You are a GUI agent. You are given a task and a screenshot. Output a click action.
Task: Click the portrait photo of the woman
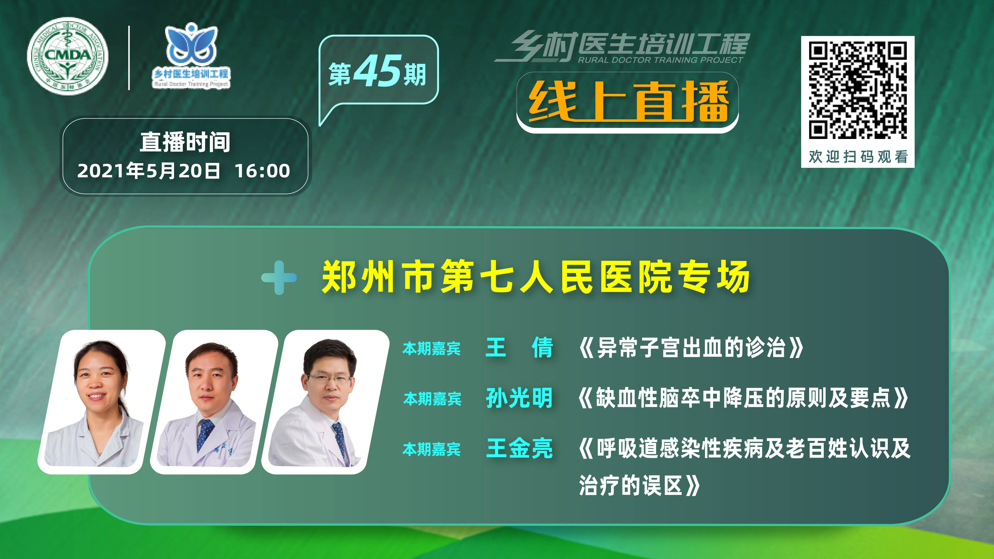click(x=101, y=402)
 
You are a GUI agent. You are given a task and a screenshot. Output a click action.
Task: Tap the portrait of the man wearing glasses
click(x=325, y=402)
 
